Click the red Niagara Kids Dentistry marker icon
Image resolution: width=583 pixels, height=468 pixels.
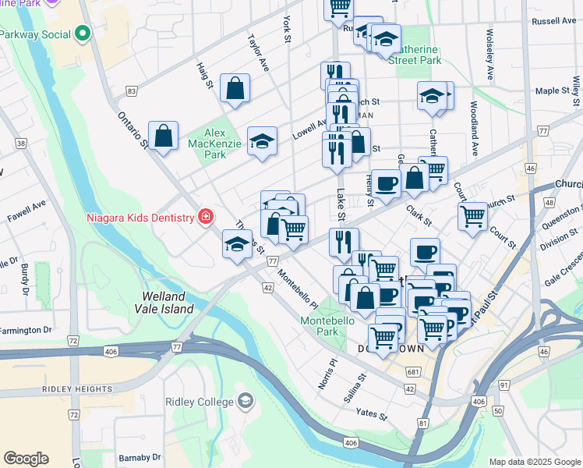206,217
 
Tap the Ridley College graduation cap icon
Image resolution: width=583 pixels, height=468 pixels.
246,401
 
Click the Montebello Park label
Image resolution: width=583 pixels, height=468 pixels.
321,326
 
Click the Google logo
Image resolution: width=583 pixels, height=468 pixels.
26,459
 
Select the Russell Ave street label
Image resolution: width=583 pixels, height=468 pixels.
554,21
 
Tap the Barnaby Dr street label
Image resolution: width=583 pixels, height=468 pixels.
140,457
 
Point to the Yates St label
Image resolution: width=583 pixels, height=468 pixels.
371,413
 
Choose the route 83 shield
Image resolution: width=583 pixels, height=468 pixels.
131,92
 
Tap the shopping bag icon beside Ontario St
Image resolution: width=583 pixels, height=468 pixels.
164,136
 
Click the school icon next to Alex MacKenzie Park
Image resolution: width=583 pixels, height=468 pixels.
263,141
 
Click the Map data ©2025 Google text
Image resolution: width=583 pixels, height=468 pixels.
534,461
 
